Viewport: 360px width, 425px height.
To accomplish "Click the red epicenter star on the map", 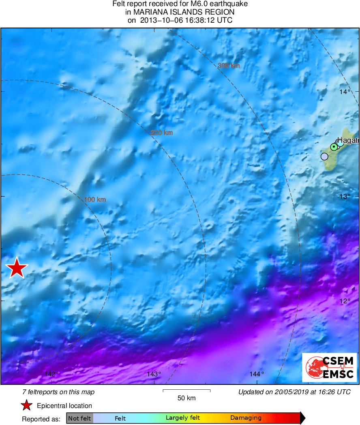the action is (17, 268).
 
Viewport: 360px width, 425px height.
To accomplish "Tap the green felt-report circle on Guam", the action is (334, 147).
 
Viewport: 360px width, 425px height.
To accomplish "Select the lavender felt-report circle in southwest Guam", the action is (324, 156).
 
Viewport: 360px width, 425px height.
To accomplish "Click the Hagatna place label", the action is (348, 140).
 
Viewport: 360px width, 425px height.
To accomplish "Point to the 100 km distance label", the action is (95, 200).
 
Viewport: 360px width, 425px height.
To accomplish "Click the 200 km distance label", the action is (161, 133).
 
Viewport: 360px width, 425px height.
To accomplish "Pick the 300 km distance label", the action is (228, 65).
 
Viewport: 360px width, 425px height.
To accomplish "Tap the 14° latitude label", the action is (345, 92).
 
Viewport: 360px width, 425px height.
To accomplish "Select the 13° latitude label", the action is (345, 197).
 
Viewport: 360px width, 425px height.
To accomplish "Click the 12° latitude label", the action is (345, 301).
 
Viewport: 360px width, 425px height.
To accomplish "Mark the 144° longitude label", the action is (257, 374).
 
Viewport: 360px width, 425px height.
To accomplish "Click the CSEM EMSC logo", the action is (330, 367).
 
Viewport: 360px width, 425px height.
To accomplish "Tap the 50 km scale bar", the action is (186, 391).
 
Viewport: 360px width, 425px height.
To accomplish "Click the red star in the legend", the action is (26, 405).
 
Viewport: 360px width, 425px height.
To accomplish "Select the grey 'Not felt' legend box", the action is (79, 418).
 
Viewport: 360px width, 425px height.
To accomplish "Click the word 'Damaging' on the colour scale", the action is (246, 418).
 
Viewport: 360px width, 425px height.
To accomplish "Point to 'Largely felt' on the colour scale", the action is (182, 418).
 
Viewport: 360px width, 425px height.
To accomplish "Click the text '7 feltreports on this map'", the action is (58, 392).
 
